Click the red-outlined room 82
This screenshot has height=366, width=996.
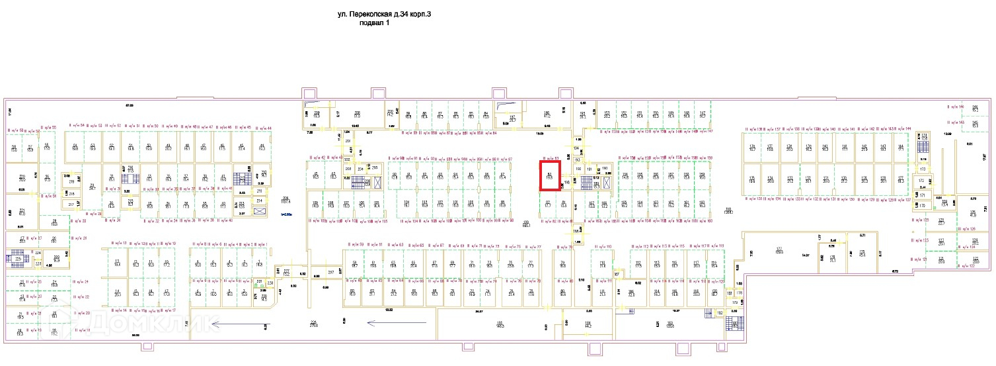click(550, 176)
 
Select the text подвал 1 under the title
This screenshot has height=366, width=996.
click(374, 23)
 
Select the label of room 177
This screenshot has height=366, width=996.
click(779, 250)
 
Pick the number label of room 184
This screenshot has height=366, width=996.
click(588, 324)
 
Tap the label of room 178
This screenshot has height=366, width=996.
click(833, 258)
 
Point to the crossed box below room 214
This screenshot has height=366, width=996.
click(260, 211)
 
